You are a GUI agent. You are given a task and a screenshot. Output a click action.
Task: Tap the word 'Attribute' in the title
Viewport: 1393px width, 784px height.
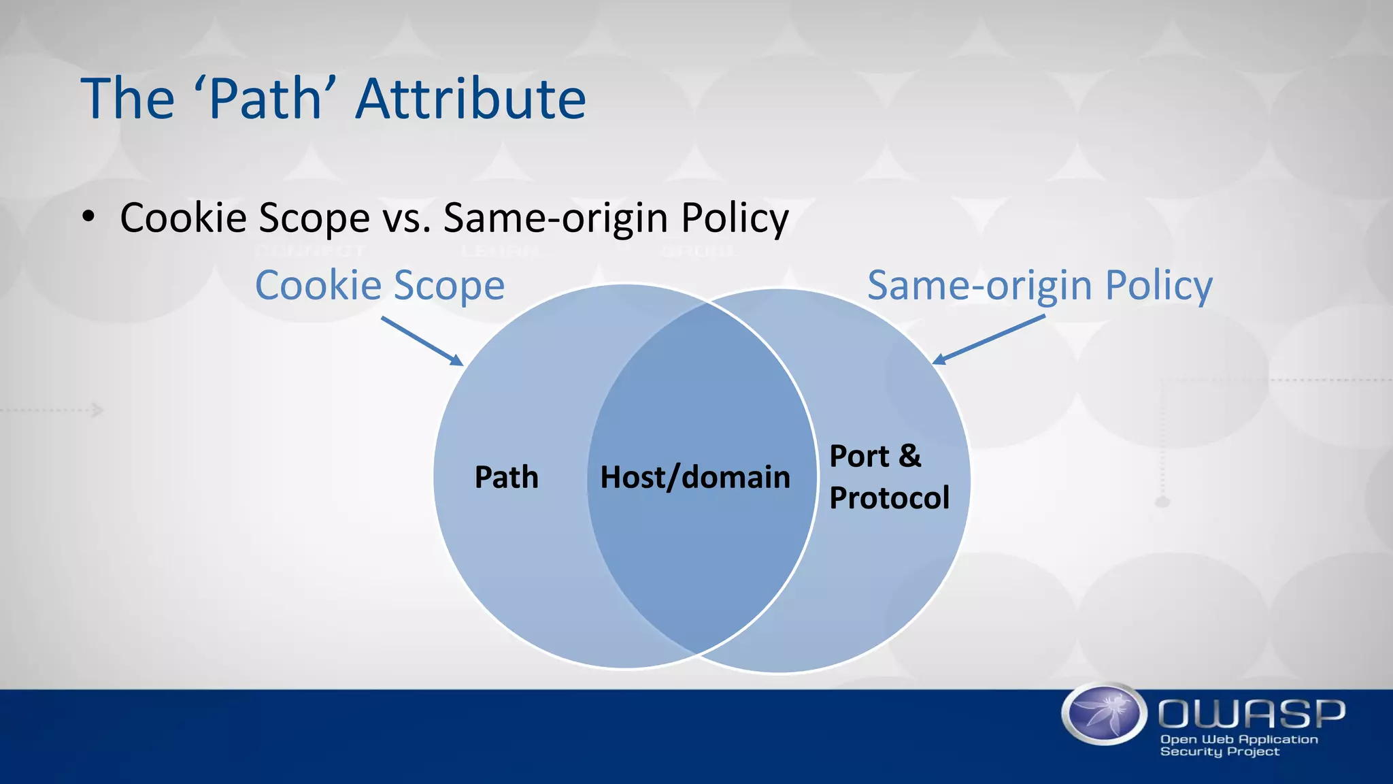pos(471,99)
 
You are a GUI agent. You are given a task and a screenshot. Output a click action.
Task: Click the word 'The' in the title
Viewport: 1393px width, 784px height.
pos(127,99)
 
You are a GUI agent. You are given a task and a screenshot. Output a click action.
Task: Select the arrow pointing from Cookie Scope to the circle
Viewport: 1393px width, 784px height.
pos(422,341)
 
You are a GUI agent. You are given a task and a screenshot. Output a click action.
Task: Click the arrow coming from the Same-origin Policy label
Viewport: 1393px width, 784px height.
pos(988,340)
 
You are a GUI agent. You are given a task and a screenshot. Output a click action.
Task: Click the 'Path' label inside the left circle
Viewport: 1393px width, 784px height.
pos(506,477)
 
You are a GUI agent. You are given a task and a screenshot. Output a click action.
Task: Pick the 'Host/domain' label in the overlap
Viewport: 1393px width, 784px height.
pos(695,477)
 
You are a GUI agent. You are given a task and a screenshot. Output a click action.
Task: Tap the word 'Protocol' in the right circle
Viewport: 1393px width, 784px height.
pos(889,497)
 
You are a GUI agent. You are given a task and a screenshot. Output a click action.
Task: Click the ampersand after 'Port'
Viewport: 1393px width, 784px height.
pos(909,456)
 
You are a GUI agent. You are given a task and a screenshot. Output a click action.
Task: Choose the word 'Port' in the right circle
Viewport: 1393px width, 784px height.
pos(860,456)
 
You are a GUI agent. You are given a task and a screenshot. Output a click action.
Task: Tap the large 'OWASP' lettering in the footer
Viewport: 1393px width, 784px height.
pos(1252,713)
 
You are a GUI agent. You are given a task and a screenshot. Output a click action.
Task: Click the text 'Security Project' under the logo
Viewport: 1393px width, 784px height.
pos(1220,751)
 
